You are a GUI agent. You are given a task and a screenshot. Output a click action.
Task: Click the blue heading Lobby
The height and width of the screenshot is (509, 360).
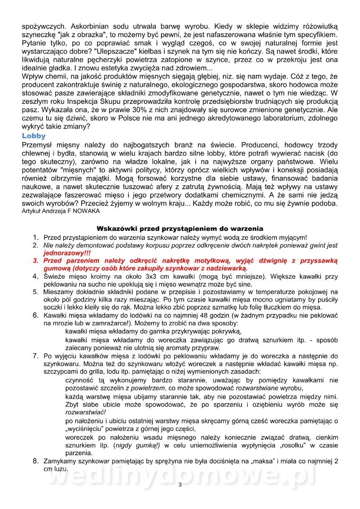click(34, 136)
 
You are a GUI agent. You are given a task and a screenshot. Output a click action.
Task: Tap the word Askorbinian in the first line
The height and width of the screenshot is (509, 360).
click(89, 25)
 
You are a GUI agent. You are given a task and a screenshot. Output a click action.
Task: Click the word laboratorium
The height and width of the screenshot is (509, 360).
click(264, 119)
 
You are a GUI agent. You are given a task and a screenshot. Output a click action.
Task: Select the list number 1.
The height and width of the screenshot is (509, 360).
click(36, 238)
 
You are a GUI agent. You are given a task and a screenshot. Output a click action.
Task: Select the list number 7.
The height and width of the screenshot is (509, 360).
click(36, 355)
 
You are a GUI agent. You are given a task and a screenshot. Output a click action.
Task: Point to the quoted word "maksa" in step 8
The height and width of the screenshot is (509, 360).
click(264, 461)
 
